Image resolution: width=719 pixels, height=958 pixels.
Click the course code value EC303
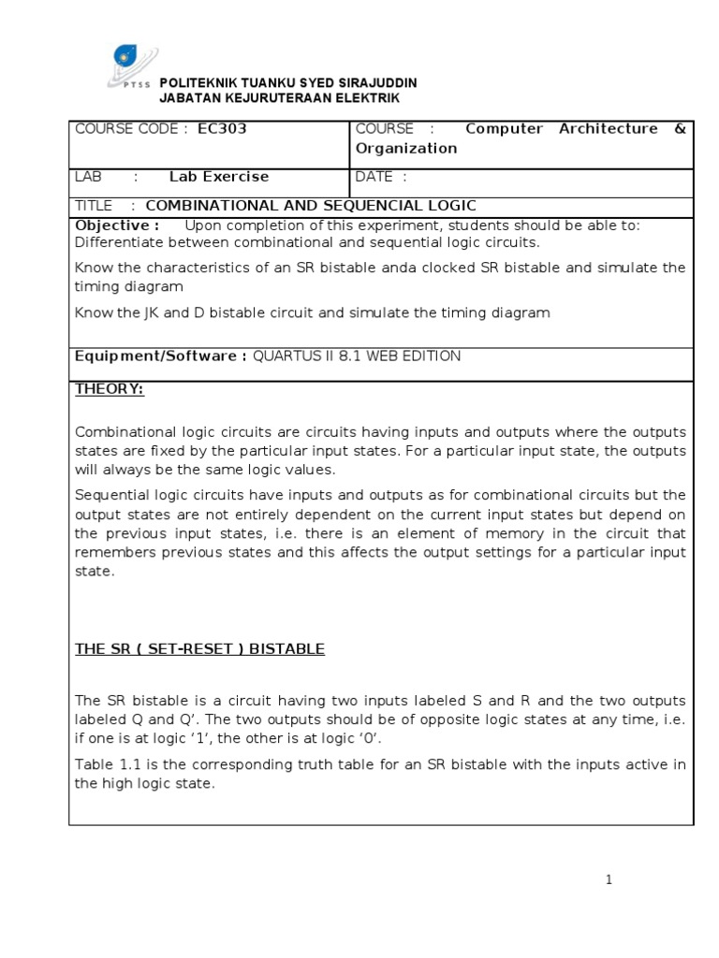tap(222, 129)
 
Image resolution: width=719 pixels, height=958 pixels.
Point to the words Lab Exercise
tap(219, 177)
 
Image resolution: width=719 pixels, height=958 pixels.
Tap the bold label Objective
tap(111, 225)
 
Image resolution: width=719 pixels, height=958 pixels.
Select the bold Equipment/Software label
tap(160, 356)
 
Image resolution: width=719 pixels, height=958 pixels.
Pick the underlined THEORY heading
tap(110, 390)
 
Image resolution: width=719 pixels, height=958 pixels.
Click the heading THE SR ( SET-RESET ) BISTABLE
tap(199, 649)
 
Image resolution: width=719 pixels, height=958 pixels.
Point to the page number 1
tap(609, 879)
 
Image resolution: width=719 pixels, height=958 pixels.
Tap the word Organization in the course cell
tap(406, 148)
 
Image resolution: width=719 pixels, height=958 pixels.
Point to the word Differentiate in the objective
tap(116, 242)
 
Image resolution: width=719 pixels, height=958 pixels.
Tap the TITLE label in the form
tap(94, 206)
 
